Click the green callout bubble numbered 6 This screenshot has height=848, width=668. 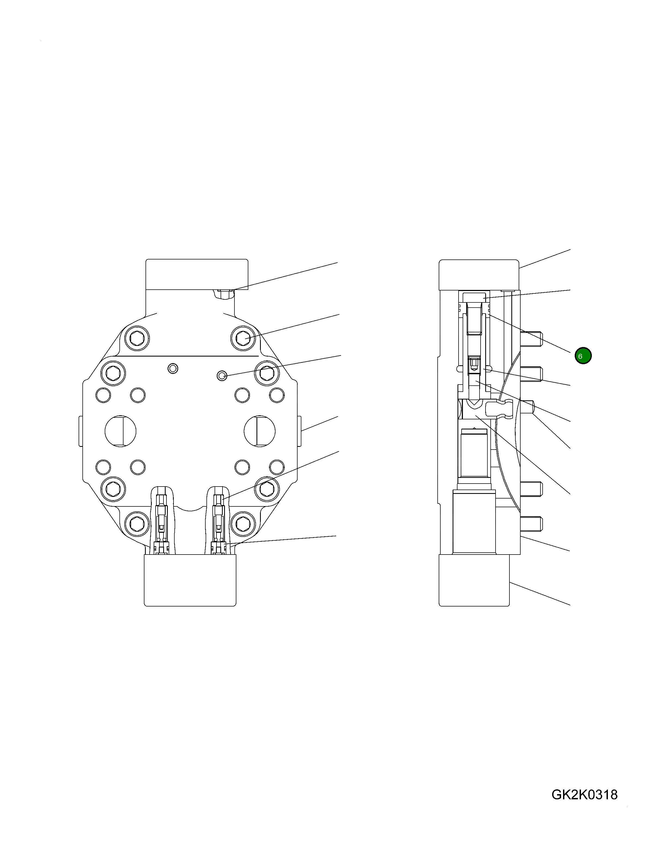[x=583, y=356]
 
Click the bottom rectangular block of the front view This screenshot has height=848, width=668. [x=190, y=580]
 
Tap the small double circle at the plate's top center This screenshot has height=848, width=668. [x=172, y=368]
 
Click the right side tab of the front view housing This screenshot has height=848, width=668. [x=299, y=431]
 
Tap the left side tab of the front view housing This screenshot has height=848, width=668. [x=81, y=431]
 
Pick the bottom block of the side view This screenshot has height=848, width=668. [x=474, y=580]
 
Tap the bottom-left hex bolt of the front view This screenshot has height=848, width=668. [x=137, y=523]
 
